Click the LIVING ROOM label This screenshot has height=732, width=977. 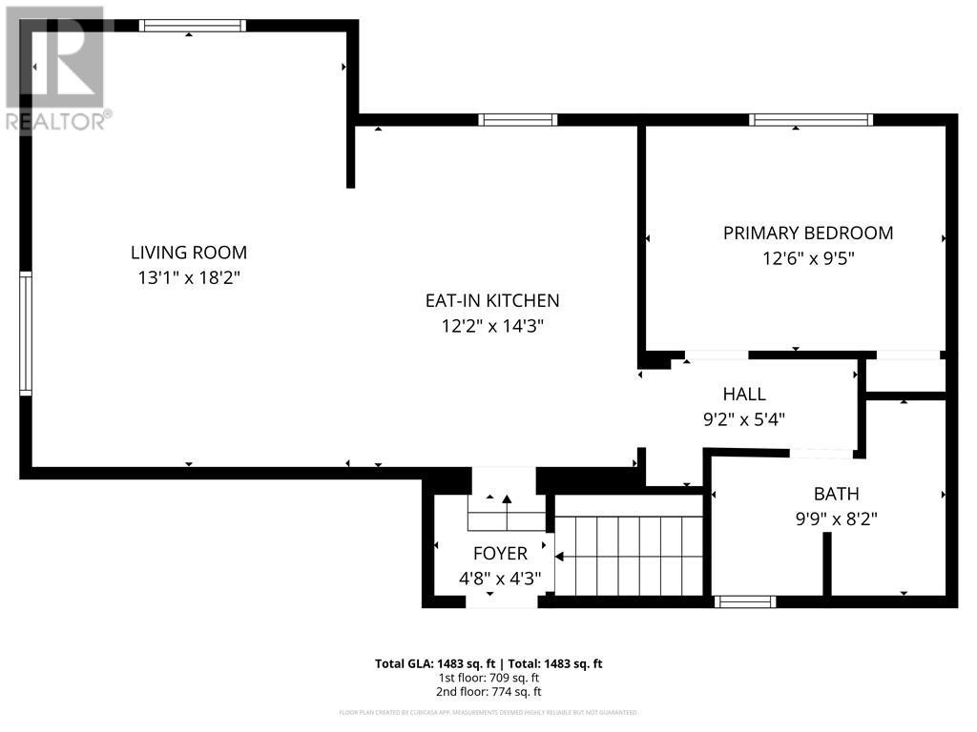point(188,253)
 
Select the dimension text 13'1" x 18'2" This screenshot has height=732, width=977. point(188,278)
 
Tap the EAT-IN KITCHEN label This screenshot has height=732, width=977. point(491,300)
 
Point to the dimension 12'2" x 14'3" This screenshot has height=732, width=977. point(491,326)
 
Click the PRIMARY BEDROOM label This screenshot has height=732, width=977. point(807,233)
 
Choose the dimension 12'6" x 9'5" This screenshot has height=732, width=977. point(807,258)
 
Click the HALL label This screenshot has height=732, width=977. point(743,394)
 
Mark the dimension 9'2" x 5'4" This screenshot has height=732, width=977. point(743,418)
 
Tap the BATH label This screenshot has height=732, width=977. point(836,494)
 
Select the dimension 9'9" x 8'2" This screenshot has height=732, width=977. point(836,519)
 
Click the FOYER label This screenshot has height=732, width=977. point(500,554)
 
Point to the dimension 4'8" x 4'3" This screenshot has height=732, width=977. point(500,578)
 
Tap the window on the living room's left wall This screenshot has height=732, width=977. point(26,333)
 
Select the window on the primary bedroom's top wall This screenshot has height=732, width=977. point(811,120)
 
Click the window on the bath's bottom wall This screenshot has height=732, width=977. point(745,601)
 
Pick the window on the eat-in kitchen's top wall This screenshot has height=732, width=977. point(517,120)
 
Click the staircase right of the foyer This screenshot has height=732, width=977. point(630,556)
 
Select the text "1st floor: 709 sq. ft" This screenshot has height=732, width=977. point(488,678)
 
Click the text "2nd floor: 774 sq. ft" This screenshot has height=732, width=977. point(488,692)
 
